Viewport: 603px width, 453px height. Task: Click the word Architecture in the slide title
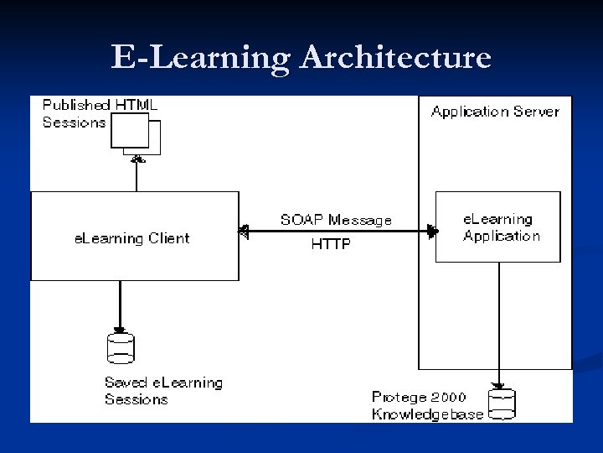click(395, 58)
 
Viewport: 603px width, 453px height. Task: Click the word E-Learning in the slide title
click(201, 58)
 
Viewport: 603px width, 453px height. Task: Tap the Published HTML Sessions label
click(100, 113)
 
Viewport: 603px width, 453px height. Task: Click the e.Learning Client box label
click(132, 238)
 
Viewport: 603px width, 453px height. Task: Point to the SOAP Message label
click(336, 220)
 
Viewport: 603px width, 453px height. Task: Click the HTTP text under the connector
click(331, 245)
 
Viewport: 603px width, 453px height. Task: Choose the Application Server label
click(495, 111)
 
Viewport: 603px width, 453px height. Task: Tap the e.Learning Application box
click(498, 227)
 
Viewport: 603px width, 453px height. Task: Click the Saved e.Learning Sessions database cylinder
click(121, 348)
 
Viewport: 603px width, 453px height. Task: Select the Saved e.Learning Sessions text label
click(163, 391)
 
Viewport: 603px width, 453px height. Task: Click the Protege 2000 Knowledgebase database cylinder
click(502, 404)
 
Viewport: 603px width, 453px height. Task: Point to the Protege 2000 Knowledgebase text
click(428, 406)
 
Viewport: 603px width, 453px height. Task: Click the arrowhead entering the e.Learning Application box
click(432, 231)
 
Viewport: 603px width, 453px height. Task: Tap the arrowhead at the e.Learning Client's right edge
click(244, 231)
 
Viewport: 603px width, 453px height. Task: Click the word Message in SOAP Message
click(360, 220)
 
